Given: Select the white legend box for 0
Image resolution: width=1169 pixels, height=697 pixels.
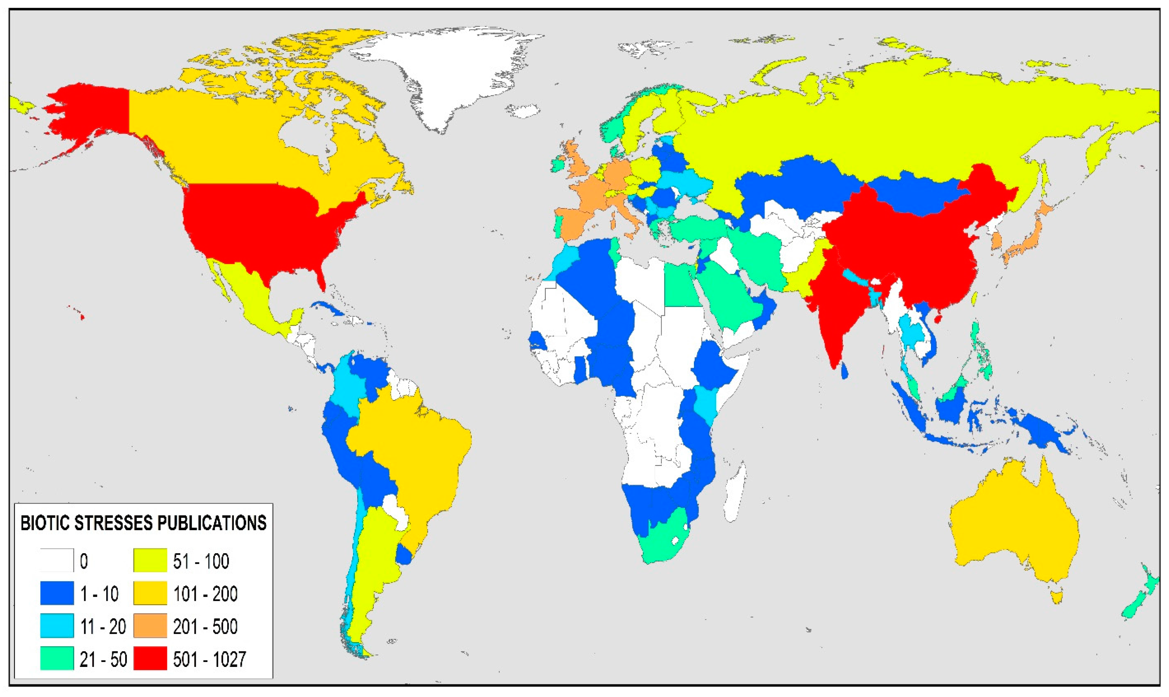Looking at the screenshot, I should point(57,560).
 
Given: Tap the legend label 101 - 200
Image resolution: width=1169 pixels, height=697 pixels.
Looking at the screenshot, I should point(205,594).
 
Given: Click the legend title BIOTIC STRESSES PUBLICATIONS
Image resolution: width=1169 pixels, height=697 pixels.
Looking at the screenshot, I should point(143,523).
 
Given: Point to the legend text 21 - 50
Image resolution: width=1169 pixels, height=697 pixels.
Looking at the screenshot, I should point(103,660).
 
